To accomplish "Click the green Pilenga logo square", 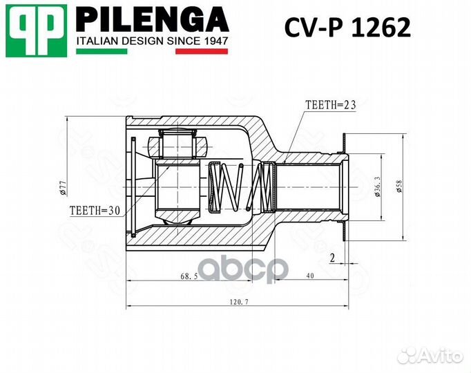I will pyautogui.click(x=37, y=30).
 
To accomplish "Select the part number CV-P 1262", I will pyautogui.click(x=348, y=28).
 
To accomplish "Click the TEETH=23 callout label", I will pyautogui.click(x=329, y=105).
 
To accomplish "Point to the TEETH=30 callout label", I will pyautogui.click(x=95, y=210).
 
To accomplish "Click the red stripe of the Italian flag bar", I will pyautogui.click(x=202, y=51).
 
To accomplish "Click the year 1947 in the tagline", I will pyautogui.click(x=215, y=41).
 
